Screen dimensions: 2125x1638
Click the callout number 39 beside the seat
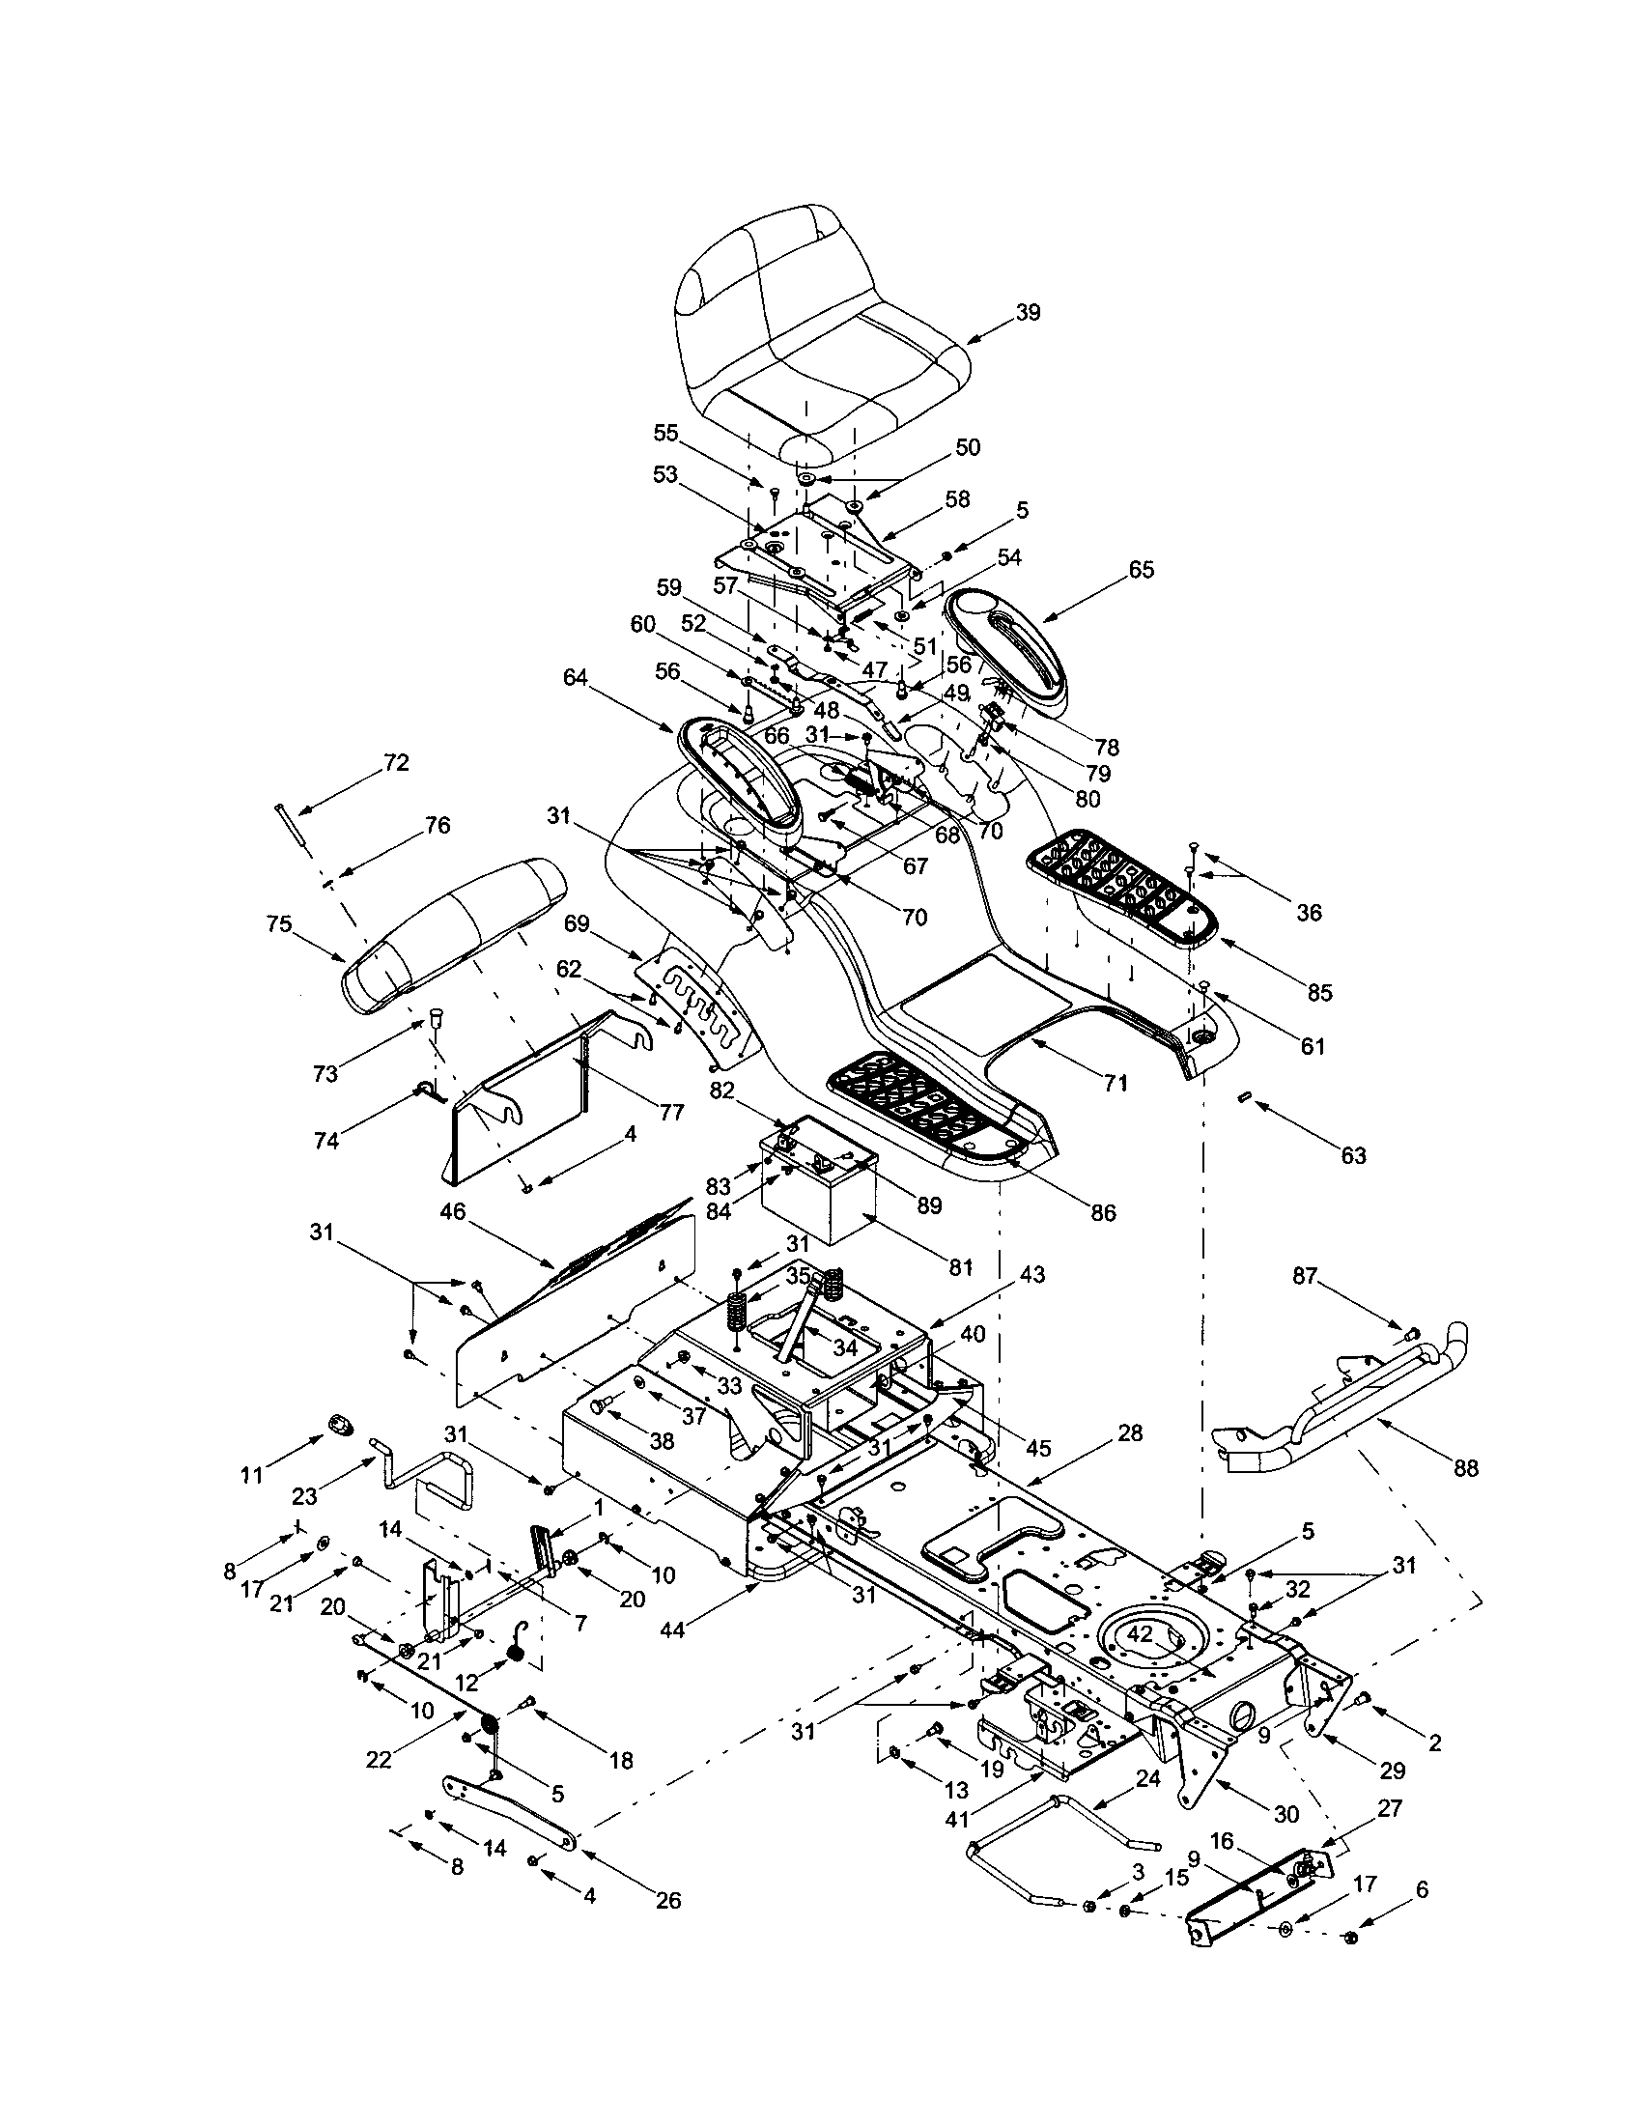[1028, 312]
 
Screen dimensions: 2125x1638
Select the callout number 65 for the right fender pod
[1141, 569]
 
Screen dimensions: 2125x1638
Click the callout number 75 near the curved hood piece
[279, 923]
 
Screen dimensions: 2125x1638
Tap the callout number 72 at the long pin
[396, 763]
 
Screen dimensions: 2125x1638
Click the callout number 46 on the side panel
[452, 1212]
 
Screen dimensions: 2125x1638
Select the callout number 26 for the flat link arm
[668, 1900]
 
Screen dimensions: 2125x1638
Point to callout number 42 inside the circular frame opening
[1139, 1635]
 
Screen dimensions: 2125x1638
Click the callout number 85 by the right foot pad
[1319, 992]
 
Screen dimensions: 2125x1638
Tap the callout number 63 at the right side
[1353, 1155]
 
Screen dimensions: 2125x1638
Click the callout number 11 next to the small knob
[252, 1476]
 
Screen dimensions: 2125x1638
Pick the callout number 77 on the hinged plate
[671, 1111]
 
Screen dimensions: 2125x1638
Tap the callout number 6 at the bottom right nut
[1422, 1888]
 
